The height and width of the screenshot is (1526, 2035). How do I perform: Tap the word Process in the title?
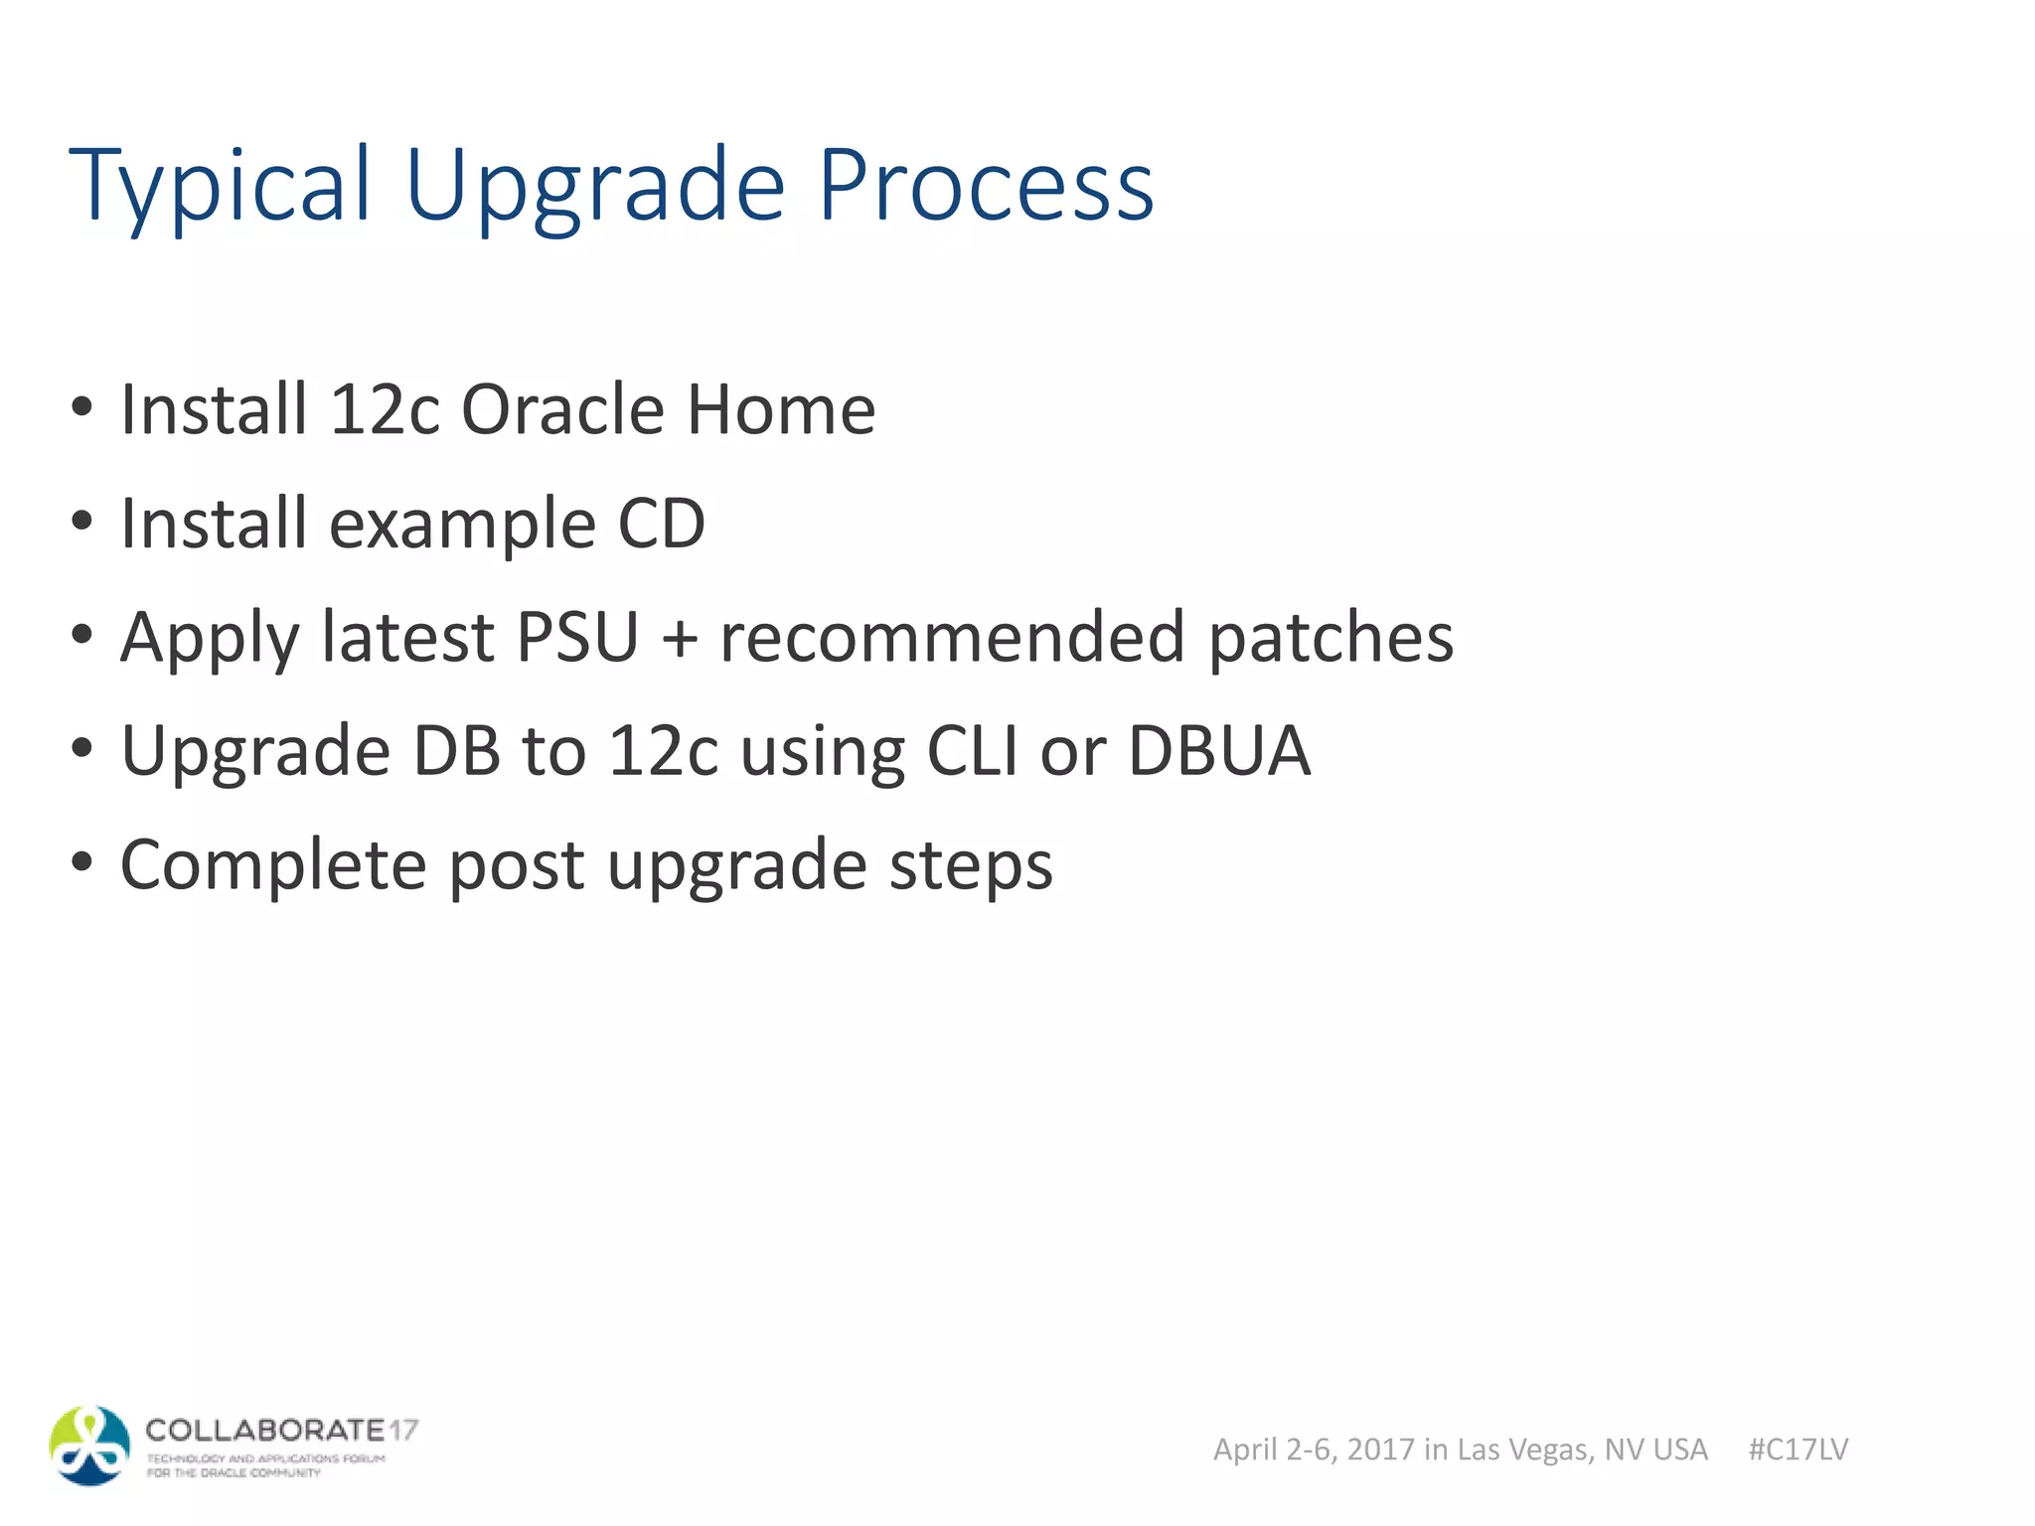(x=986, y=186)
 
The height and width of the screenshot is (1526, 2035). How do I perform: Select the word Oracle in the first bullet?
(x=562, y=409)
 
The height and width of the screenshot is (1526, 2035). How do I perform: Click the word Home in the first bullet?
(x=781, y=409)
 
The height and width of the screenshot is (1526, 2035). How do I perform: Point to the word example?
(x=462, y=525)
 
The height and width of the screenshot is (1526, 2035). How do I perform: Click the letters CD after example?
(x=661, y=524)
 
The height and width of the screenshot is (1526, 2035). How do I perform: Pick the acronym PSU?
(x=577, y=637)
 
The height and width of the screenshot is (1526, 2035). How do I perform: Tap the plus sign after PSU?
(x=680, y=639)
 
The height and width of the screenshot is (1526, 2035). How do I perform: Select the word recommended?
(x=952, y=637)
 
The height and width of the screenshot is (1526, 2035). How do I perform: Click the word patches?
(x=1331, y=639)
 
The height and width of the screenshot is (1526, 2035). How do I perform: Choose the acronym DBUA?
(x=1219, y=751)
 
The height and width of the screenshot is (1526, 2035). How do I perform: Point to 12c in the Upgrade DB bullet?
(x=663, y=751)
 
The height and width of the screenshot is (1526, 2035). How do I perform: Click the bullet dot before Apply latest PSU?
(x=82, y=634)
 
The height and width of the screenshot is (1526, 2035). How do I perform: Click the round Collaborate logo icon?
(x=89, y=1446)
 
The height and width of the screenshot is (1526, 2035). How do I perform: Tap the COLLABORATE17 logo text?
(x=281, y=1431)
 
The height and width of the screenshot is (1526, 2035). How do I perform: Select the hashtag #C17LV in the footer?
(x=1798, y=1450)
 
